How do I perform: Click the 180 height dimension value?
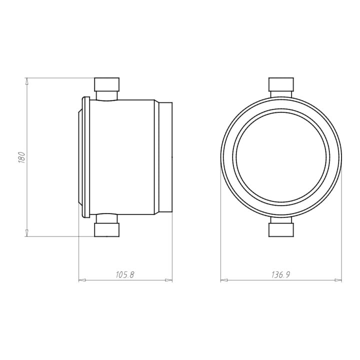[21, 157]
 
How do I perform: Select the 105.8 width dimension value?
[124, 275]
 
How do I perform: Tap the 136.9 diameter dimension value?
[281, 275]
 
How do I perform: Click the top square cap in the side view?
[107, 84]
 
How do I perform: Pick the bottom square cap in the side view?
[107, 230]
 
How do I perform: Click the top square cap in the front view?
[281, 84]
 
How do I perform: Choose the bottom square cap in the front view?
[281, 230]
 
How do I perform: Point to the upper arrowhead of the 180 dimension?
[27, 81]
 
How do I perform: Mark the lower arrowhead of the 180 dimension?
[27, 233]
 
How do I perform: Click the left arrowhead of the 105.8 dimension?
[82, 280]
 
